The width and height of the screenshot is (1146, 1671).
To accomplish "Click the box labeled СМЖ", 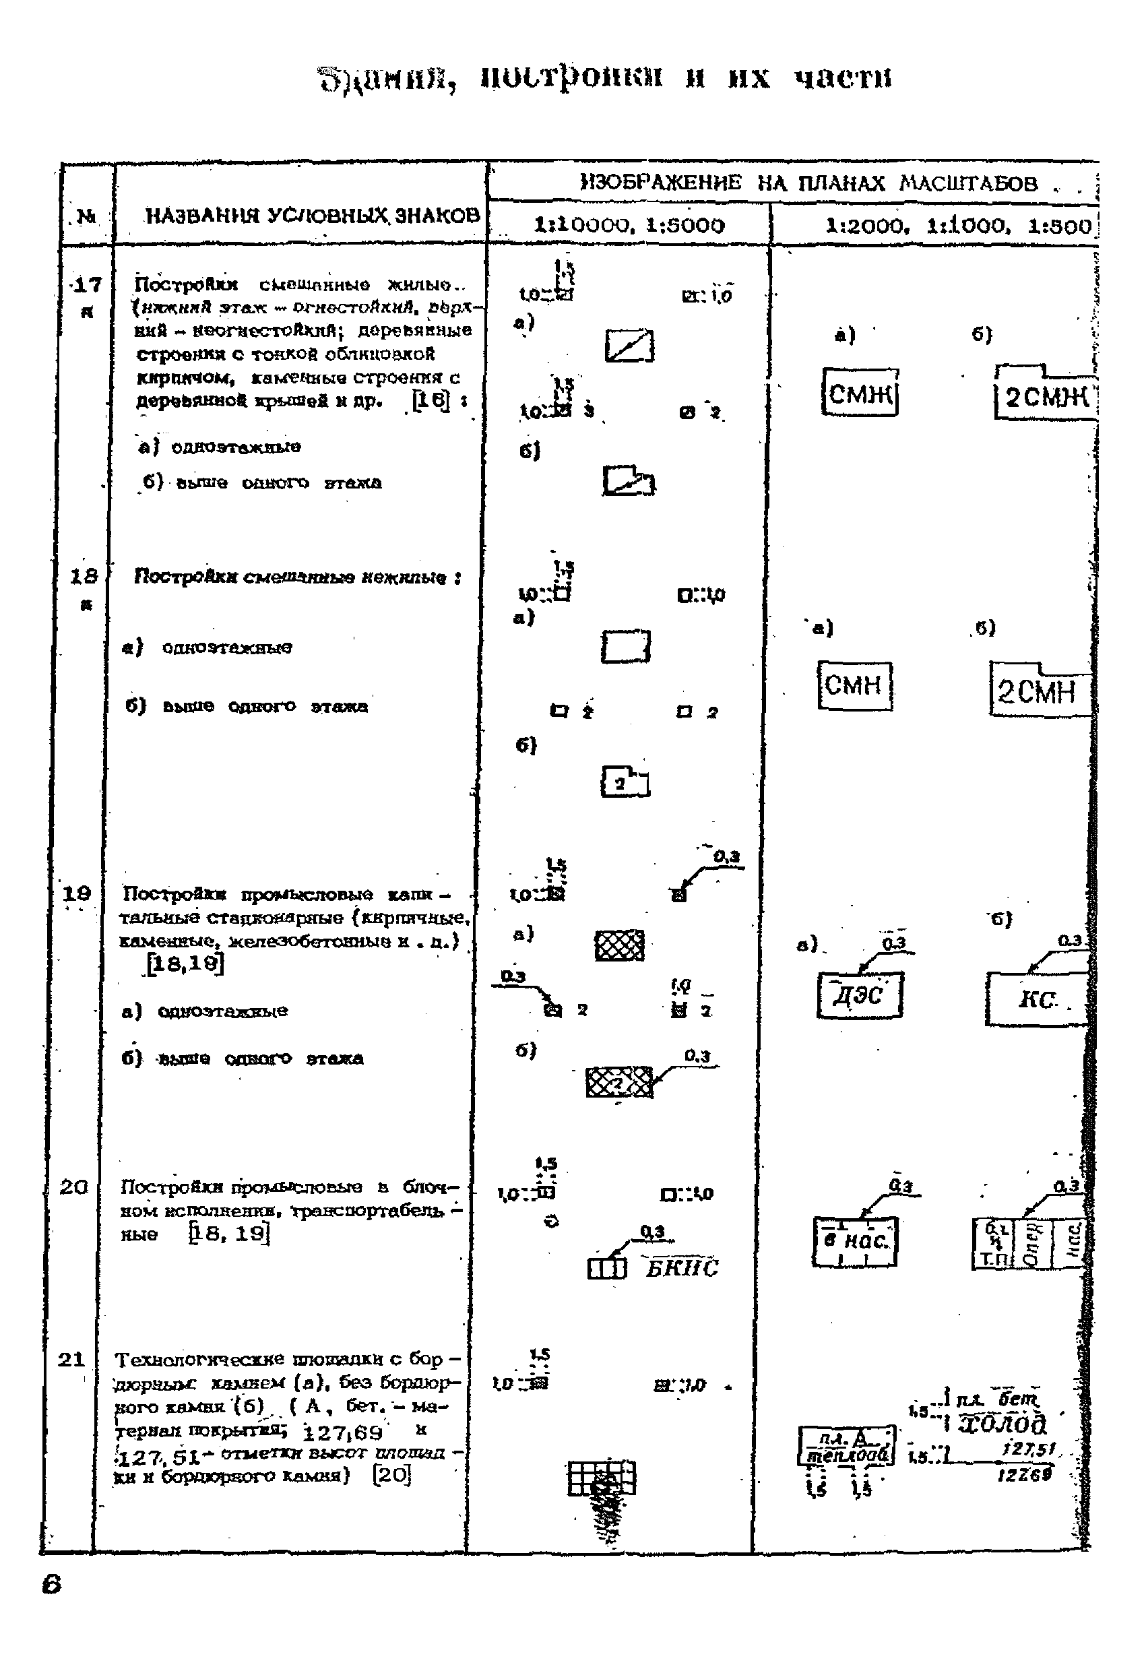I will (860, 393).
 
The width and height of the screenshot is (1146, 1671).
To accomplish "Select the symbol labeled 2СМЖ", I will (1046, 396).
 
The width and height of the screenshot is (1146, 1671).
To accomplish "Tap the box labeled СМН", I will (854, 686).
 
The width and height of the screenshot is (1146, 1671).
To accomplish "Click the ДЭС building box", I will (859, 995).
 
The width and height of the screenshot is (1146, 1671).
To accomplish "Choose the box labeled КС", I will (1037, 999).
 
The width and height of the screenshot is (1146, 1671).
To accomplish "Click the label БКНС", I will (681, 1268).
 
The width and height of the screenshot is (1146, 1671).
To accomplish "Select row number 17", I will (87, 286).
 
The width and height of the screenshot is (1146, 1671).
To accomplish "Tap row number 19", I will (76, 893).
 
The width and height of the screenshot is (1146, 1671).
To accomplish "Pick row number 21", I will (71, 1359).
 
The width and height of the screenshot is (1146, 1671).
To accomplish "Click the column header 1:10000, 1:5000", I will (629, 225).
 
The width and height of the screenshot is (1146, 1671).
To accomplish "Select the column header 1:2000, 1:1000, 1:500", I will (958, 226).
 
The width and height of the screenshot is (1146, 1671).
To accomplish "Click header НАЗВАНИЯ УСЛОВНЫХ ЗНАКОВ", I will (312, 216).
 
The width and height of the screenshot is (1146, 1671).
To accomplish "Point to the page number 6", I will (52, 1585).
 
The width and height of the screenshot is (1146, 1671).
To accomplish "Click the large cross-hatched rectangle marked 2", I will (619, 1082).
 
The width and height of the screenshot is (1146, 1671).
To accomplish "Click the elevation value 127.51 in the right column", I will (1029, 1449).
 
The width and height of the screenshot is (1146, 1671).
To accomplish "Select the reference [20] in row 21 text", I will (392, 1476).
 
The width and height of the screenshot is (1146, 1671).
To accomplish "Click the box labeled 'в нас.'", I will (855, 1241).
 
